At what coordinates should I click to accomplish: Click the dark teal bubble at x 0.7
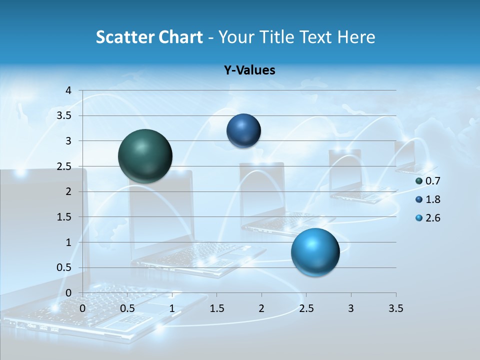pyautogui.click(x=145, y=156)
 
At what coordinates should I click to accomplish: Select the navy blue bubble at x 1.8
pyautogui.click(x=243, y=130)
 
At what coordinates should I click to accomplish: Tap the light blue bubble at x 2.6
pyautogui.click(x=315, y=252)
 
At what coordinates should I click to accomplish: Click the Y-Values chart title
pyautogui.click(x=249, y=70)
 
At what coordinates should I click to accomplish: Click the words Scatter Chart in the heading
pyautogui.click(x=149, y=37)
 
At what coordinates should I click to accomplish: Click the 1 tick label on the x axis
pyautogui.click(x=172, y=308)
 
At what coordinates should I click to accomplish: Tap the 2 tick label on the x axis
pyautogui.click(x=261, y=308)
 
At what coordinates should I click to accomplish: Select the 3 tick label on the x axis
pyautogui.click(x=351, y=308)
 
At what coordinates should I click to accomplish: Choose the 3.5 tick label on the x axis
pyautogui.click(x=395, y=308)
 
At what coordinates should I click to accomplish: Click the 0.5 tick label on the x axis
pyautogui.click(x=127, y=308)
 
